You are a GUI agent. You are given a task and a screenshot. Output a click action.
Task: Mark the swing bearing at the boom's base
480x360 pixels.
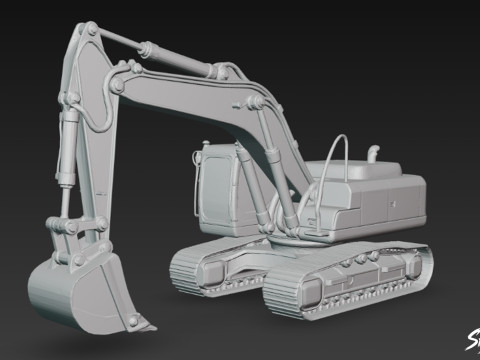[290, 240]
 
